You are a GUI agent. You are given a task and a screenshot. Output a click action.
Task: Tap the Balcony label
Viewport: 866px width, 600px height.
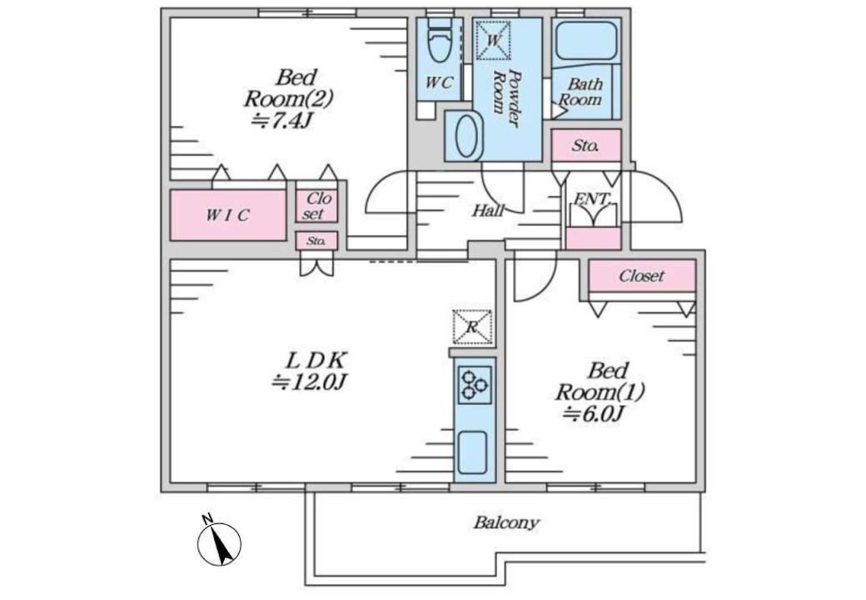coord(506,523)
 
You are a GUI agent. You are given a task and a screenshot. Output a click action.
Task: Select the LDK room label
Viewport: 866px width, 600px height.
coord(316,362)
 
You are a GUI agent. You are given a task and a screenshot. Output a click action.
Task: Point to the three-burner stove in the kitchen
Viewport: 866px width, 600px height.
coord(474,385)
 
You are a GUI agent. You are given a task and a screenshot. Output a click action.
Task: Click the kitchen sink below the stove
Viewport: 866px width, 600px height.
coord(473,452)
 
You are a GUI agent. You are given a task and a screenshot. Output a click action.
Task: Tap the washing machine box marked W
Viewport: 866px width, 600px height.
coord(492,40)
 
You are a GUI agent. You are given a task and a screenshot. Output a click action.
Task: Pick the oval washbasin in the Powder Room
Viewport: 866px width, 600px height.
coord(467,137)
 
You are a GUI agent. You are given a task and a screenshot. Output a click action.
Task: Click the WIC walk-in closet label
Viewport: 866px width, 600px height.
coord(227,215)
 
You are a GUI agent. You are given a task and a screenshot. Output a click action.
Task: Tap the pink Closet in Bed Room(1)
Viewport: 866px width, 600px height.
coord(642,276)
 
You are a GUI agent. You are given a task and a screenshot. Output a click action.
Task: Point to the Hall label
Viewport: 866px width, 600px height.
coord(489,211)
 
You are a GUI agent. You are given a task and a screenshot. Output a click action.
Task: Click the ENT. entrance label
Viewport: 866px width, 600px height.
coord(593,200)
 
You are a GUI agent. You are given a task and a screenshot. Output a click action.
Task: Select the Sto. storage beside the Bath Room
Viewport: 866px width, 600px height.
coord(586,146)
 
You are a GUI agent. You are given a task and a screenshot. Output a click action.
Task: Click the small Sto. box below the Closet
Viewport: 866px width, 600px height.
coord(316,242)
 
